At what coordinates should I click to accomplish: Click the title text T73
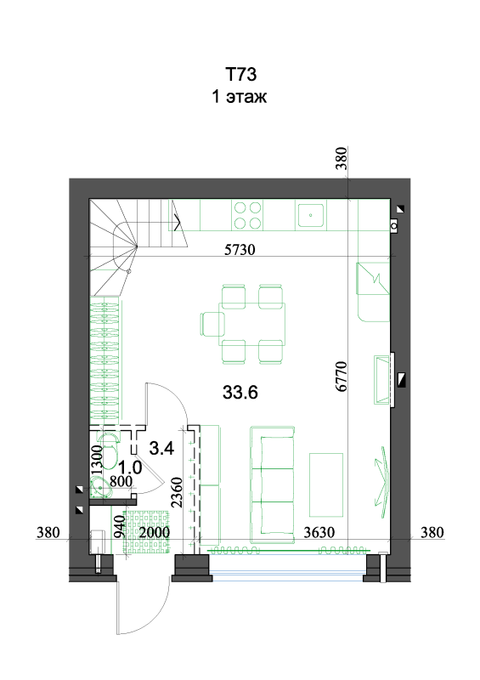click(240, 74)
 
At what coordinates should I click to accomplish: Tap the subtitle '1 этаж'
click(239, 96)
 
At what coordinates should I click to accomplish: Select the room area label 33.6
click(240, 392)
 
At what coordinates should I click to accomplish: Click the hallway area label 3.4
click(161, 448)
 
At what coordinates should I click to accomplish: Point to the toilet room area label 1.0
click(130, 467)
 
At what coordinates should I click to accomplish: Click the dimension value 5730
click(240, 249)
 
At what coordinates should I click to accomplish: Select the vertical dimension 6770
click(342, 376)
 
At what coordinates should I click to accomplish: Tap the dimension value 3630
click(319, 532)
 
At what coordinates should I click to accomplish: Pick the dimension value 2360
click(177, 492)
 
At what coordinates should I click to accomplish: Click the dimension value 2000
click(155, 532)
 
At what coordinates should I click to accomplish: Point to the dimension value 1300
click(97, 460)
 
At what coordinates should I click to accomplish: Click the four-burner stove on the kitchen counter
click(247, 215)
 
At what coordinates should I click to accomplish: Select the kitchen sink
click(311, 215)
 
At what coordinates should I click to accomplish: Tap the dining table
click(252, 324)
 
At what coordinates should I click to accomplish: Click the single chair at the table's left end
click(212, 324)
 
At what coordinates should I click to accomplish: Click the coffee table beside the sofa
click(326, 484)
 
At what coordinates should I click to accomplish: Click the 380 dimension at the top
click(342, 159)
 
